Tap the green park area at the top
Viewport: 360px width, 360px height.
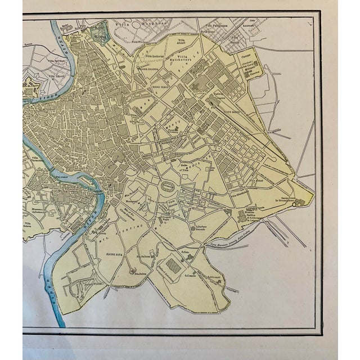point(100,31)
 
